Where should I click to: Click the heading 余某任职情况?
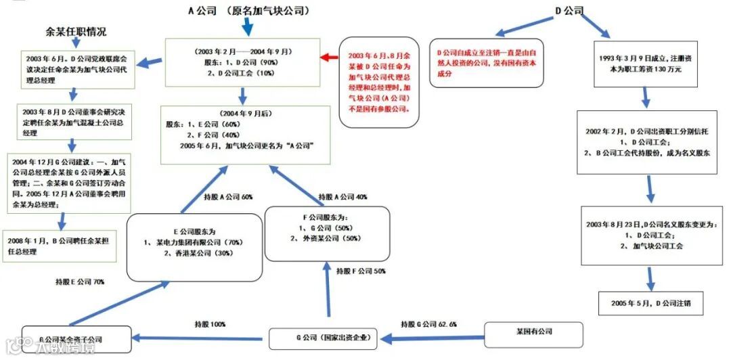76,31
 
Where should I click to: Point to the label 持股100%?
210,324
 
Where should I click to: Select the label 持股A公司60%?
229,197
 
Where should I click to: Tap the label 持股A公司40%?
343,197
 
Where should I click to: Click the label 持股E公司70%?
80,281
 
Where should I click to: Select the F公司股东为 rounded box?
327,233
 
